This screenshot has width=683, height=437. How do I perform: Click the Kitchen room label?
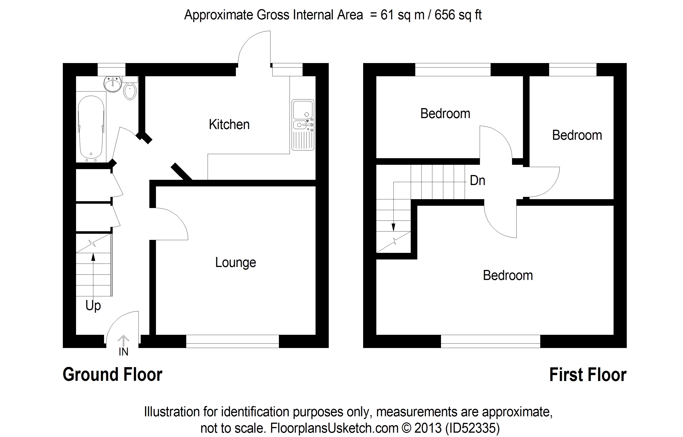pyautogui.click(x=229, y=124)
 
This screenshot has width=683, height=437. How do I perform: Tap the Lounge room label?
pyautogui.click(x=235, y=262)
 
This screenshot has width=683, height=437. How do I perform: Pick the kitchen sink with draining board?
pyautogui.click(x=303, y=125)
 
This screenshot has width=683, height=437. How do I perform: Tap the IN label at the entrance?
pyautogui.click(x=123, y=352)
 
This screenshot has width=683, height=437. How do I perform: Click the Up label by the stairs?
pyautogui.click(x=93, y=306)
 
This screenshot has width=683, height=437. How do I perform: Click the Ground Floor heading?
pyautogui.click(x=112, y=375)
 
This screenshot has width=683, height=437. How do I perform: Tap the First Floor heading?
pyautogui.click(x=588, y=375)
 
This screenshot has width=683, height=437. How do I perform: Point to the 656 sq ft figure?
pyautogui.click(x=458, y=15)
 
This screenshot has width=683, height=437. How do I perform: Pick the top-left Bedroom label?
pyautogui.click(x=445, y=114)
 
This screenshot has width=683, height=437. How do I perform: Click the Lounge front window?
pyautogui.click(x=232, y=341)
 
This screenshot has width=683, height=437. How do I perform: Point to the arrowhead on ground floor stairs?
pyautogui.click(x=93, y=257)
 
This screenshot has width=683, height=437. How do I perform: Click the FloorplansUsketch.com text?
pyautogui.click(x=334, y=428)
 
